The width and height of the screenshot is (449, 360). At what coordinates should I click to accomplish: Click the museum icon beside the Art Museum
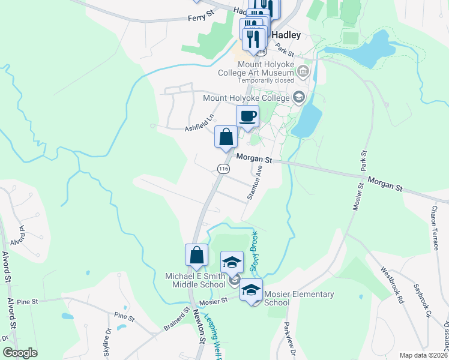tap(304, 73)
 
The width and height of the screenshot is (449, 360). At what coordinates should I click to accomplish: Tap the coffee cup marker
tap(247, 116)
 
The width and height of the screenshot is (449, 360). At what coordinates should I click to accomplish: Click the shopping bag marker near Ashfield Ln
tap(226, 136)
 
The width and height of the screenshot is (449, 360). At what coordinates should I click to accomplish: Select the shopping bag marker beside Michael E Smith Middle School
tap(196, 255)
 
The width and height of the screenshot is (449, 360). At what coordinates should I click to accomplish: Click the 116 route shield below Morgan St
tap(223, 169)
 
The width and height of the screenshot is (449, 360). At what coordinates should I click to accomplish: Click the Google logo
tap(20, 353)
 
